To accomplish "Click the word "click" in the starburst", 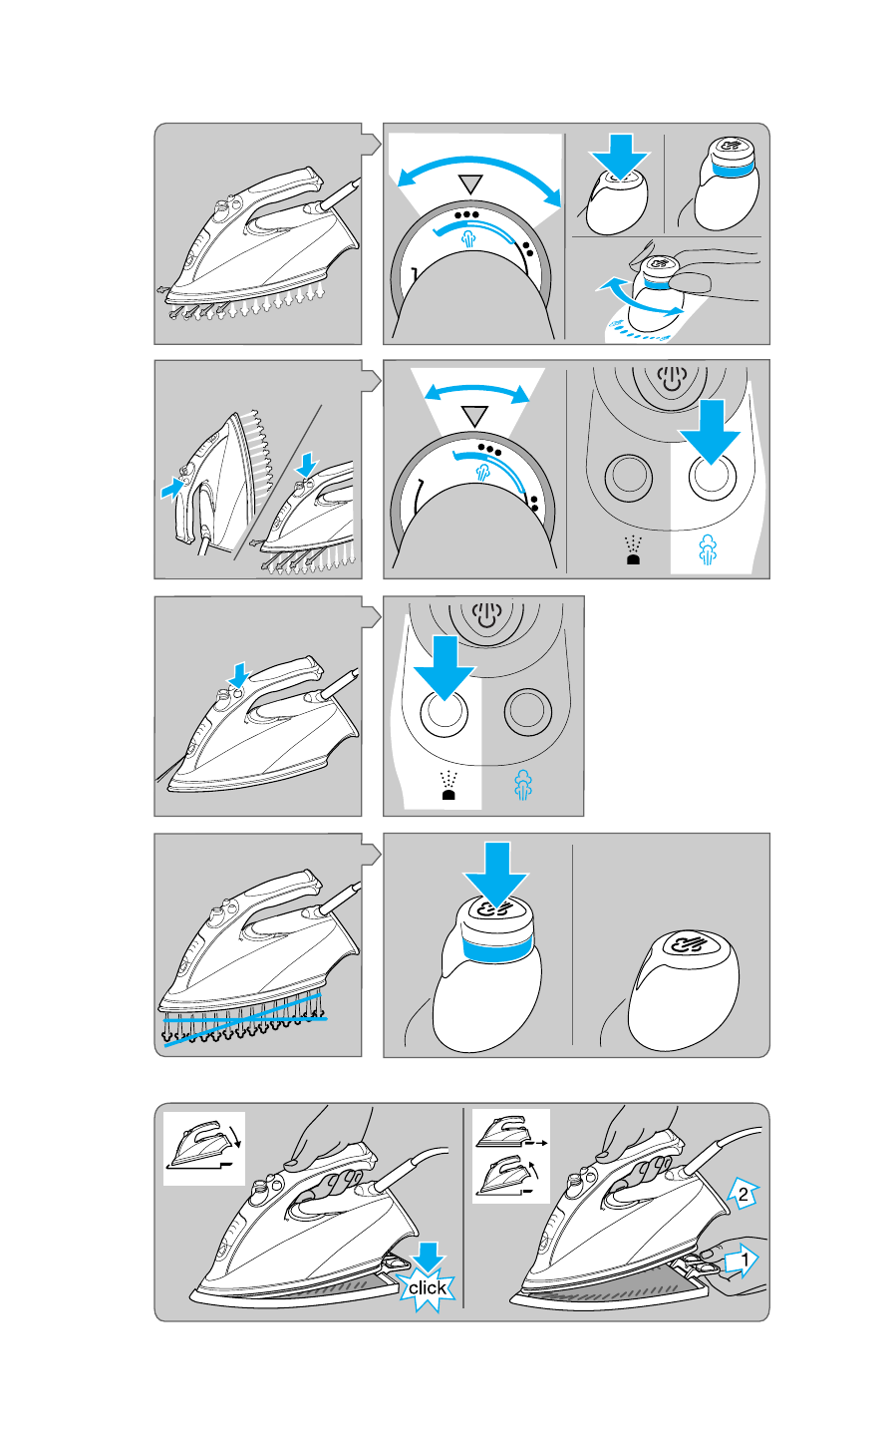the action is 427,1287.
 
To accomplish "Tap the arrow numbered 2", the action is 743,1194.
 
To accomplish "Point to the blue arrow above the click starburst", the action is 428,1257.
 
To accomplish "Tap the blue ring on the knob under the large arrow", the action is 497,950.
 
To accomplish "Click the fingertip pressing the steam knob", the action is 690,281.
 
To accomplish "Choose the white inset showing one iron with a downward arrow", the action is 204,1148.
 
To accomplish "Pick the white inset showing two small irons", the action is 511,1156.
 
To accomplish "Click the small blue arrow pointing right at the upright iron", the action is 171,488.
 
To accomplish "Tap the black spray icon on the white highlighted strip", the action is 448,786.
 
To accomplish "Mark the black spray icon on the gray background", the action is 633,549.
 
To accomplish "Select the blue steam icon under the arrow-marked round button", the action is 708,549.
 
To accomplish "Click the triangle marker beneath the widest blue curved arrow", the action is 471,183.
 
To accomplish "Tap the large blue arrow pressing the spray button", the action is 445,667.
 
